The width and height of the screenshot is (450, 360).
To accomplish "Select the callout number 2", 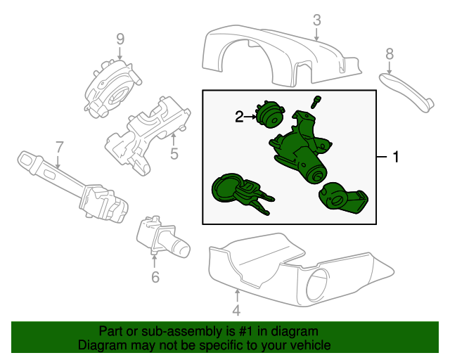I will click(x=239, y=117).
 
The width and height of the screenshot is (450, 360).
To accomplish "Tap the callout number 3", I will click(x=316, y=20).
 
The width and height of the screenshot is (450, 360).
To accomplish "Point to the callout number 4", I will click(x=236, y=310).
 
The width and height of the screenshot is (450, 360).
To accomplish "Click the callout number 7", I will click(x=59, y=147).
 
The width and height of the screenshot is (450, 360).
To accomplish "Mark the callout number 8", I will click(x=390, y=53).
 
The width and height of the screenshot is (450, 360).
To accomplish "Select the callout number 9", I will click(x=120, y=38).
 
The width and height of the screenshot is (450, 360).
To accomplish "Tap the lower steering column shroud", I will click(x=295, y=274).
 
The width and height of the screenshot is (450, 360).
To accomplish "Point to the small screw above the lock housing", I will click(x=316, y=101).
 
